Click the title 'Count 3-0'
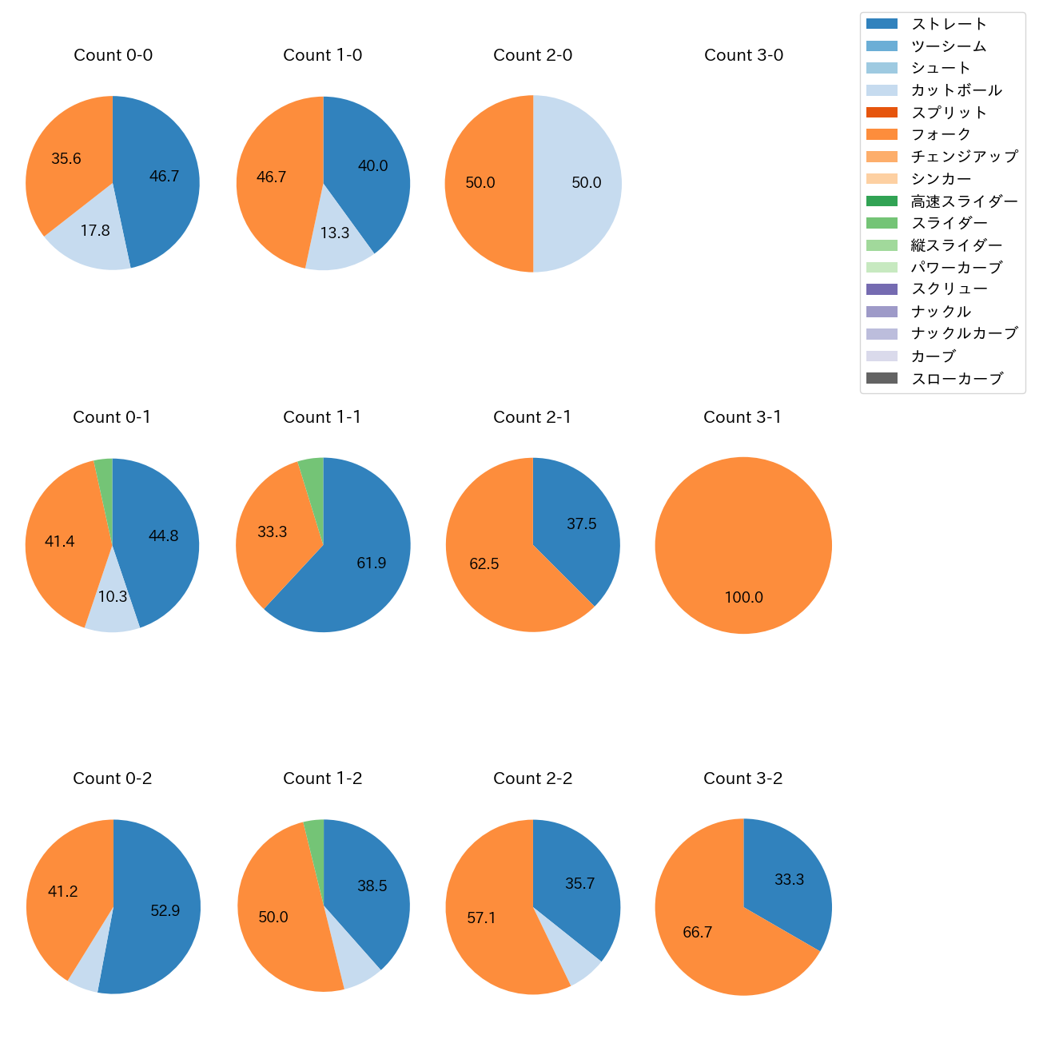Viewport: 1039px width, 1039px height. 743,55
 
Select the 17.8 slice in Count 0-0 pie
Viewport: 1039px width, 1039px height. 92,236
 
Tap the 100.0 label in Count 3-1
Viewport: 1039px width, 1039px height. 743,597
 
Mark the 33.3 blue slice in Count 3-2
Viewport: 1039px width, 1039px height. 787,879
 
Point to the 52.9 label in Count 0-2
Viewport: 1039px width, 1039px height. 165,910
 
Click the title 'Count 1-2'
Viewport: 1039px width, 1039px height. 323,778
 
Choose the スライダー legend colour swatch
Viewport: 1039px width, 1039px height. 882,223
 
